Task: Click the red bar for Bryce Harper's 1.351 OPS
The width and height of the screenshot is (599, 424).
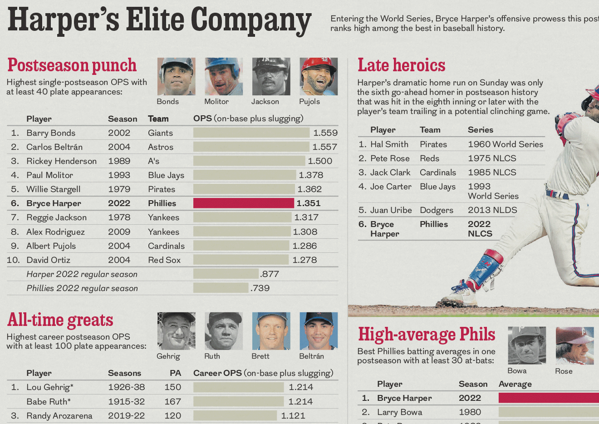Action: [x=243, y=203]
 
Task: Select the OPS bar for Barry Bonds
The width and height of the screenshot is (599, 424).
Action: [x=251, y=133]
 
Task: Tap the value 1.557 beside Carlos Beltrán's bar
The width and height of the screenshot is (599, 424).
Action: [x=324, y=147]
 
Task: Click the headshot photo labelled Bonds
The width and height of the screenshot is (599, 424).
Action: [x=177, y=76]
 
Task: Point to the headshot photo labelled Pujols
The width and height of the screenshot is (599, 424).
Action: [x=319, y=76]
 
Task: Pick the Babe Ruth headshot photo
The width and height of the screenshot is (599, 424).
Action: [x=224, y=331]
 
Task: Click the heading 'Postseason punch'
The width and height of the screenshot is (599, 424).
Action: [x=72, y=65]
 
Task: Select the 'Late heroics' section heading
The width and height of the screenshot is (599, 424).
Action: [x=401, y=65]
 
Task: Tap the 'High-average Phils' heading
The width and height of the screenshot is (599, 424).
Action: [x=426, y=335]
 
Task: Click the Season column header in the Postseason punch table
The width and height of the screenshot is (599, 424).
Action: [x=123, y=119]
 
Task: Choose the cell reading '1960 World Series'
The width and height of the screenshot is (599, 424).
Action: [x=505, y=144]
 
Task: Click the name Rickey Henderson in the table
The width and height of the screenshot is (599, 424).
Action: [x=61, y=161]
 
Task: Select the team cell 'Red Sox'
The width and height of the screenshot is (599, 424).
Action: [x=164, y=260]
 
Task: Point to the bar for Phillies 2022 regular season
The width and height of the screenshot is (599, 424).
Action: [x=221, y=288]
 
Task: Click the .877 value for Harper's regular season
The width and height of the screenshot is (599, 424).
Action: [x=270, y=274]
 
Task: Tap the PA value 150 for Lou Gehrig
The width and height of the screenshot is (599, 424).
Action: [x=172, y=387]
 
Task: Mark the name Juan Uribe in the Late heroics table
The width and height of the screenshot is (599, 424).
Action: [x=391, y=210]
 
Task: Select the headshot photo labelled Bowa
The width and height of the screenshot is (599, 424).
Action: [x=526, y=345]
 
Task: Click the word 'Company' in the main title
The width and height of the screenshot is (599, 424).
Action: [x=250, y=21]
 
